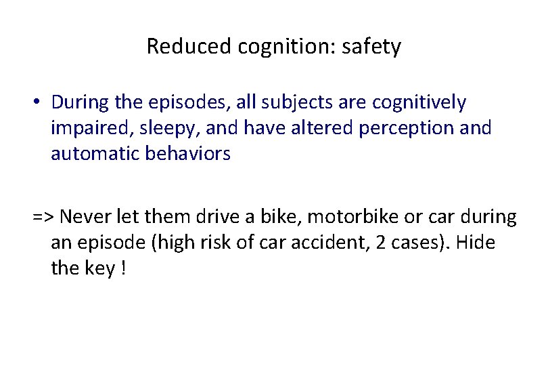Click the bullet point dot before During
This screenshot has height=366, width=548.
pyautogui.click(x=41, y=103)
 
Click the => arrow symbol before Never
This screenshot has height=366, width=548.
pyautogui.click(x=44, y=217)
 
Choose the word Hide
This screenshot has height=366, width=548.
pyautogui.click(x=476, y=242)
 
